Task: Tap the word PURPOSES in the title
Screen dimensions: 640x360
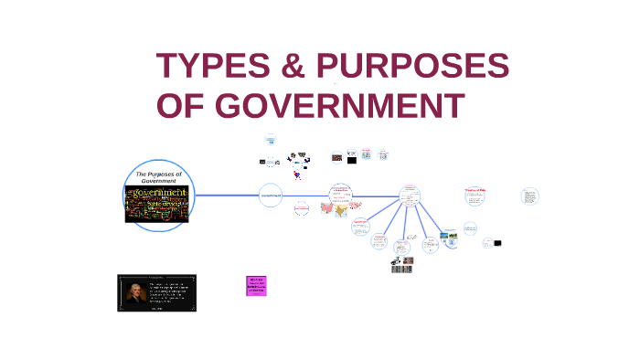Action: point(412,67)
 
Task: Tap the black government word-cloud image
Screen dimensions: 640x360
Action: point(156,204)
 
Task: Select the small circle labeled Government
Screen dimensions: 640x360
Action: point(270,195)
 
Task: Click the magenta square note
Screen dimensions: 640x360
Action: point(256,285)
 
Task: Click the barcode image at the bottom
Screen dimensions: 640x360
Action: point(401,269)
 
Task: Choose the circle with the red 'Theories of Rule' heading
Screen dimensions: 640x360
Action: point(474,196)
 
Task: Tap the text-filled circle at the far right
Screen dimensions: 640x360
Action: point(529,196)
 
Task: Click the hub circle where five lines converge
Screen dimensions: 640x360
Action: point(410,195)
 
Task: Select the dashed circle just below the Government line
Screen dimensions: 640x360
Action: point(302,209)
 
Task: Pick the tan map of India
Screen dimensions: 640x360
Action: point(342,210)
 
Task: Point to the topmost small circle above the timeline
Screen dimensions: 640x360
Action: point(270,140)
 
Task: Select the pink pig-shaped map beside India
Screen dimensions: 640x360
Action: point(325,207)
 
